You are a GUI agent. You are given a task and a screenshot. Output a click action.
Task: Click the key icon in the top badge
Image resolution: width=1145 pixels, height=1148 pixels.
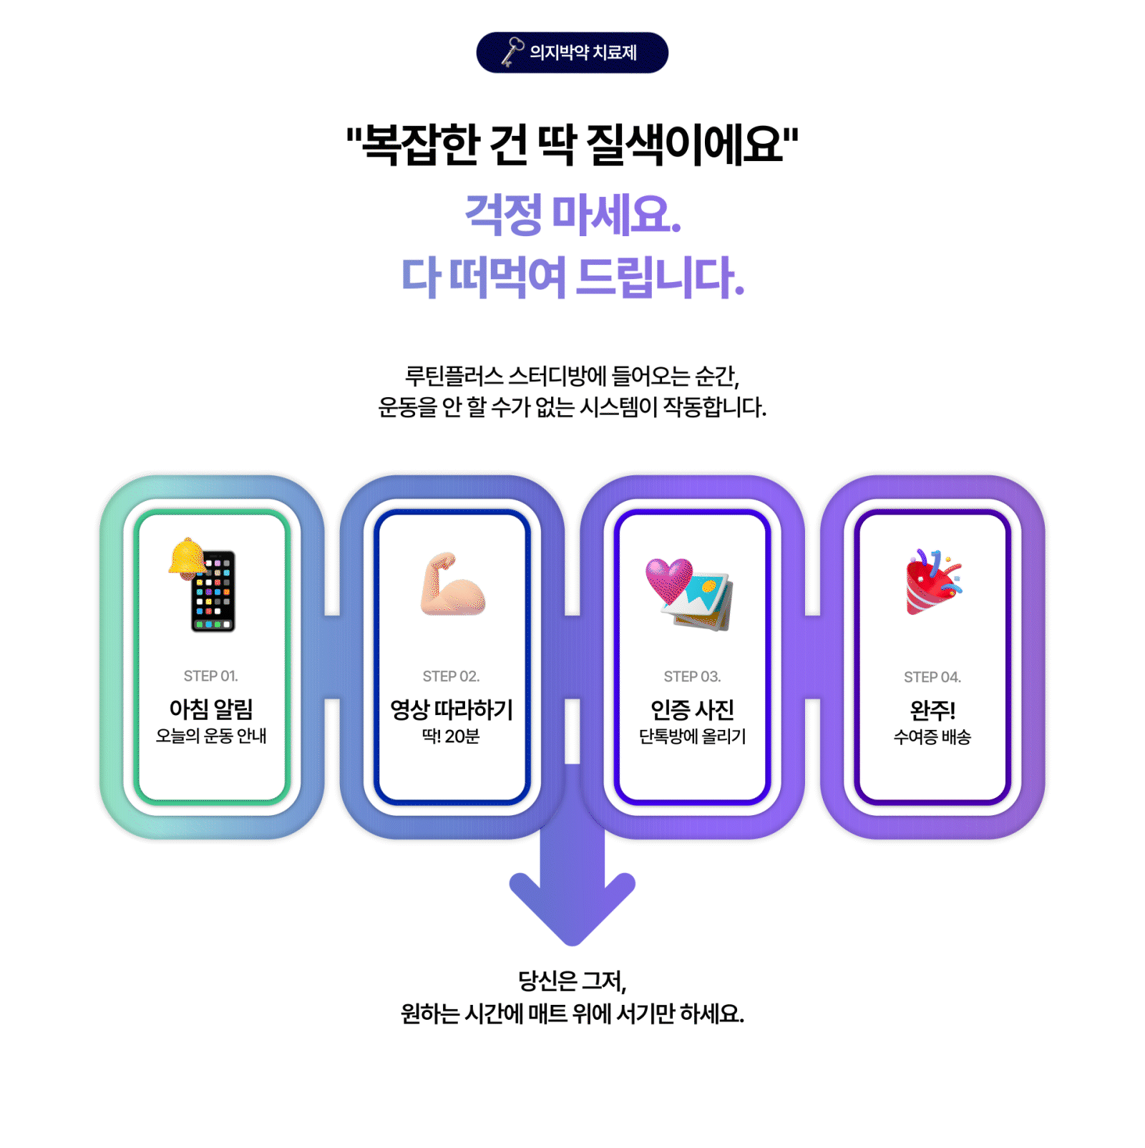click(x=512, y=52)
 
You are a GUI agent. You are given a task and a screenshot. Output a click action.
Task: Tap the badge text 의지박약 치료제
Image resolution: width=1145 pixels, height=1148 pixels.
click(x=583, y=52)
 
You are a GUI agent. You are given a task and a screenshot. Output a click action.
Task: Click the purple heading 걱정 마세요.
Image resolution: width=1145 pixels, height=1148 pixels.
click(x=572, y=214)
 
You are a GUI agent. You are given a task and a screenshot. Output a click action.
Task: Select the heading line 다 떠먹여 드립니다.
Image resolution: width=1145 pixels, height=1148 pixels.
click(x=572, y=277)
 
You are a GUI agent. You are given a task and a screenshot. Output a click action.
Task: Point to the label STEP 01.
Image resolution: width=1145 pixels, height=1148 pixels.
click(x=210, y=676)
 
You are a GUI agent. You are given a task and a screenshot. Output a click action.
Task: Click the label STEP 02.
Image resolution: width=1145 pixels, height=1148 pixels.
click(x=451, y=676)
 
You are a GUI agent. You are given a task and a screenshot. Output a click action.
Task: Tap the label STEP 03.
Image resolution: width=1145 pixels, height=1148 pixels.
click(x=692, y=676)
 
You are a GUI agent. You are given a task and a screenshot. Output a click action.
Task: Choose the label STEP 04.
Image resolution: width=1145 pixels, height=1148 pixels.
click(x=932, y=677)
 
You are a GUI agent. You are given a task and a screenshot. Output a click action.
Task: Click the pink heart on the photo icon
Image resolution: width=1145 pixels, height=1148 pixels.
click(x=668, y=578)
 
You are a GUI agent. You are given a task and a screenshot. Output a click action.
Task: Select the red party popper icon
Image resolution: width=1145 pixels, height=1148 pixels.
click(x=931, y=583)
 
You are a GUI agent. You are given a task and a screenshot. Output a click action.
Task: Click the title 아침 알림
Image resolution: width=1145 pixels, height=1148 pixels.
click(x=210, y=709)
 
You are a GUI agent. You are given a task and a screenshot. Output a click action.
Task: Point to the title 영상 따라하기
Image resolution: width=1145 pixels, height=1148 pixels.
click(x=451, y=709)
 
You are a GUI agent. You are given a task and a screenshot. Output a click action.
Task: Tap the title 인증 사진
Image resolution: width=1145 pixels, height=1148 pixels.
click(x=692, y=709)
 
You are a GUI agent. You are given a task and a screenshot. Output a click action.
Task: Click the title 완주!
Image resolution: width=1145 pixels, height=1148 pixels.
click(x=932, y=710)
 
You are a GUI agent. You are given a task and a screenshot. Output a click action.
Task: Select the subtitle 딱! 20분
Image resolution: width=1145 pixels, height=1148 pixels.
click(x=451, y=736)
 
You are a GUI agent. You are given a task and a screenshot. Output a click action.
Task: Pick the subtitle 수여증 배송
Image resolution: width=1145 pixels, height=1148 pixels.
click(x=932, y=737)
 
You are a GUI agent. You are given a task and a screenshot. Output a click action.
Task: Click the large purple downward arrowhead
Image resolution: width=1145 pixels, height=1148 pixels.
click(x=572, y=905)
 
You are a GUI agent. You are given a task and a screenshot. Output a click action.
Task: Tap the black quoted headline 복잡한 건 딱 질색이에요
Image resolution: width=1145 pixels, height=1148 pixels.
click(x=572, y=145)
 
